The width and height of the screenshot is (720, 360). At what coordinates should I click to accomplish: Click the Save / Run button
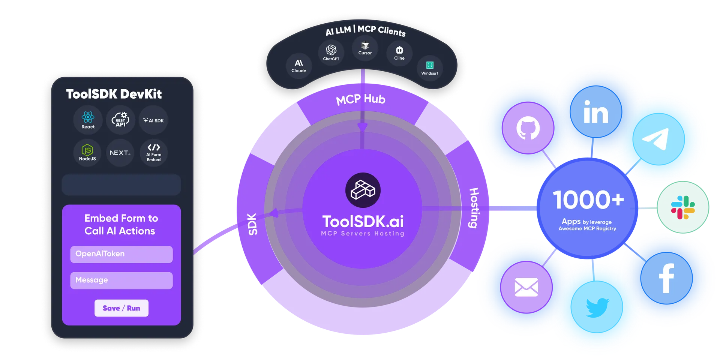[x=121, y=308]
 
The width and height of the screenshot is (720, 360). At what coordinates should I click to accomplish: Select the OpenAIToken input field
[x=121, y=254]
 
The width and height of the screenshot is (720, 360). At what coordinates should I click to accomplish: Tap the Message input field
[x=121, y=280]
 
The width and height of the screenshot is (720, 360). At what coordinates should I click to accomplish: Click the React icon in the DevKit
[x=88, y=120]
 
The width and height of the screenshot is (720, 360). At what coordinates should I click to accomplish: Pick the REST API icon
[x=120, y=120]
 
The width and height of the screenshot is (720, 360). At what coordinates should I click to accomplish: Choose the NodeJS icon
[x=87, y=153]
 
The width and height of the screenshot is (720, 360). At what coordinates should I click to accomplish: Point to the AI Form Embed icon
[x=154, y=153]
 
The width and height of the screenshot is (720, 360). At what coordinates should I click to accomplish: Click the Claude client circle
[x=299, y=66]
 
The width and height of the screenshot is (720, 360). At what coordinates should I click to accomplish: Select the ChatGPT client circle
[x=331, y=53]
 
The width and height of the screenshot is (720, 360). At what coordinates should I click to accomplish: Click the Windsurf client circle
[x=430, y=68]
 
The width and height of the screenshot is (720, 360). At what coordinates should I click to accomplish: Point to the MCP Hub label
[x=361, y=99]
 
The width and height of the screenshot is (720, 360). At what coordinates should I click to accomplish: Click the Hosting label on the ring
[x=474, y=208]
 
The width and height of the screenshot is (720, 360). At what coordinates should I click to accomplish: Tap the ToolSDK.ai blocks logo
[x=363, y=190]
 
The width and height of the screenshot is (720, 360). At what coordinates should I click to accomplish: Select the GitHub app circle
[x=528, y=128]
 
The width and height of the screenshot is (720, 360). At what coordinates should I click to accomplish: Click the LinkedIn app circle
[x=596, y=112]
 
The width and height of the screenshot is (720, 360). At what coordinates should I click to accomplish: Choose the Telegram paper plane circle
[x=658, y=139]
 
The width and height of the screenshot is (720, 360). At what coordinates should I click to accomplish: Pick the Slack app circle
[x=683, y=207]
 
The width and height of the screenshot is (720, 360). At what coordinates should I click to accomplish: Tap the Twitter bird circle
[x=597, y=307]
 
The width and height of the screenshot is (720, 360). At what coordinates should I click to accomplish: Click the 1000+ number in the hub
[x=588, y=199]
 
